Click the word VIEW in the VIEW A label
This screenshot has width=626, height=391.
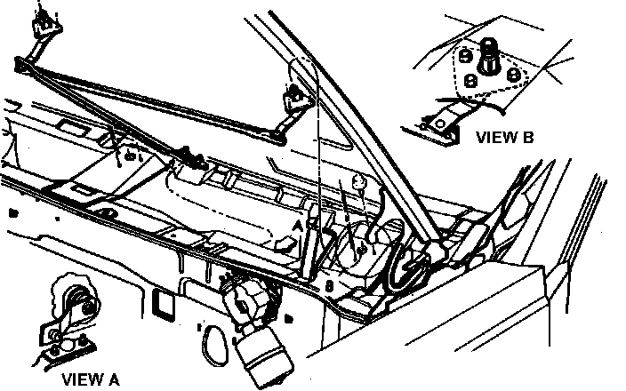[x=82, y=379]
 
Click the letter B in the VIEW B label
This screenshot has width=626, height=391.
[x=529, y=138]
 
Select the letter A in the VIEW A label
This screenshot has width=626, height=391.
[x=113, y=379]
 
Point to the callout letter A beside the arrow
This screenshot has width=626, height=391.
[x=299, y=227]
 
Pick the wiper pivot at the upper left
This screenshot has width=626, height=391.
[x=42, y=20]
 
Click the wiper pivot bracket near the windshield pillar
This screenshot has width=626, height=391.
[x=293, y=98]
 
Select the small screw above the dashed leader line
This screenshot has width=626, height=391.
[x=358, y=182]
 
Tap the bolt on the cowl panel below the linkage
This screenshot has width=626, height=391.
[x=132, y=157]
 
